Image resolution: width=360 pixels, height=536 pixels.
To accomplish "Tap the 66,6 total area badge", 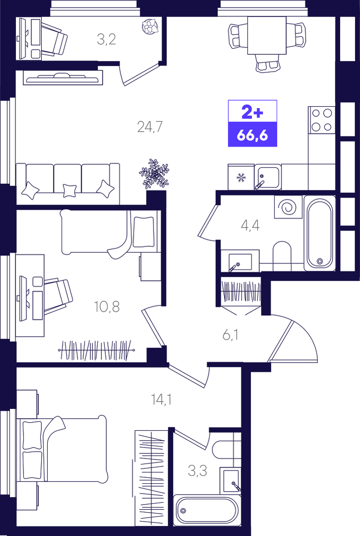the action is pyautogui.click(x=252, y=136).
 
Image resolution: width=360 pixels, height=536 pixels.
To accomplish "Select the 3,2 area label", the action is pyautogui.click(x=106, y=39).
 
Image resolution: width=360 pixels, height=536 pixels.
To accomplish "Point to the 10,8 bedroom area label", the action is pyautogui.click(x=107, y=306).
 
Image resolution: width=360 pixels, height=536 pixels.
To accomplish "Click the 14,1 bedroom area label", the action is pyautogui.click(x=161, y=399).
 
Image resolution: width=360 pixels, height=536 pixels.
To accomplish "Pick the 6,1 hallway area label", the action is pyautogui.click(x=230, y=335).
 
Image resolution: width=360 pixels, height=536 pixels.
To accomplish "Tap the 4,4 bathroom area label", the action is pyautogui.click(x=250, y=226).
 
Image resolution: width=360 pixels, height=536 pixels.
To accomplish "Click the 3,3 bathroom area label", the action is pyautogui.click(x=198, y=471).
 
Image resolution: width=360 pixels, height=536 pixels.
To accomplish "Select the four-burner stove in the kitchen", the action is pyautogui.click(x=322, y=120).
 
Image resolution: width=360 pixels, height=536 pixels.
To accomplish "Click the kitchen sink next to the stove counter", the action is pyautogui.click(x=268, y=177).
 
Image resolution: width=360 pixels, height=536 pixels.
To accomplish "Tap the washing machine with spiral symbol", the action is pyautogui.click(x=288, y=207).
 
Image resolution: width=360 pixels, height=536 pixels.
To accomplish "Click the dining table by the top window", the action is pyautogui.click(x=267, y=36).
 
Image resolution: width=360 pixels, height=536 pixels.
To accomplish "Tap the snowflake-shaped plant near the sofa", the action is pyautogui.click(x=154, y=174).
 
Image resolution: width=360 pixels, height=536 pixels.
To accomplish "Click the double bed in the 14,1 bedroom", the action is pyautogui.click(x=62, y=449).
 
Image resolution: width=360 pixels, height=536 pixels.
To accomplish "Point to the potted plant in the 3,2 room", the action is pyautogui.click(x=150, y=26).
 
